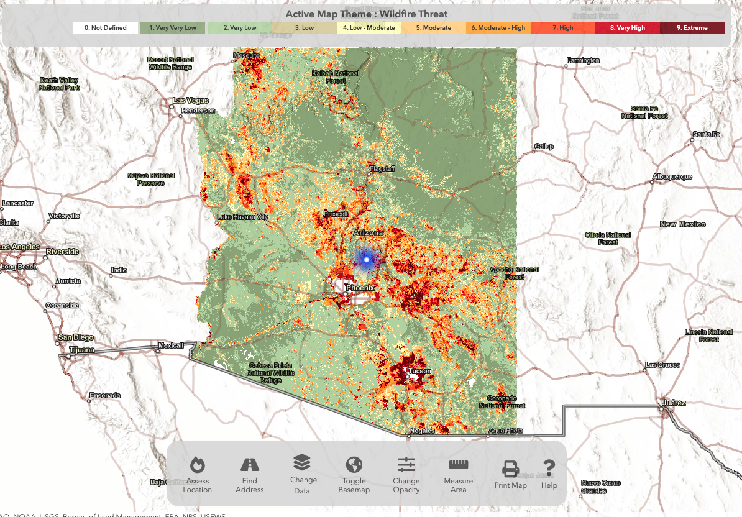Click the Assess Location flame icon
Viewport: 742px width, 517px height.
(x=197, y=465)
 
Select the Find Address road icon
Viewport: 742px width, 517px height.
(x=249, y=465)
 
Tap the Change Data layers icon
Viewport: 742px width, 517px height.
(x=302, y=462)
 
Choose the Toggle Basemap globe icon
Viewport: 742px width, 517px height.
(x=354, y=465)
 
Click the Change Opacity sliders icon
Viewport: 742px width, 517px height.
(x=406, y=464)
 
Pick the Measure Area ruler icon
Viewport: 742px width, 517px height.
(x=459, y=465)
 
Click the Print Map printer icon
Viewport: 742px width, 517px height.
(x=510, y=469)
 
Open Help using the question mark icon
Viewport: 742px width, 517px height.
(x=549, y=467)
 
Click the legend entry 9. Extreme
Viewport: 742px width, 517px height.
(x=692, y=28)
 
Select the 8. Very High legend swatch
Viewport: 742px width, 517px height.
(x=627, y=28)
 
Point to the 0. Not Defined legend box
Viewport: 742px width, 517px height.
(x=106, y=28)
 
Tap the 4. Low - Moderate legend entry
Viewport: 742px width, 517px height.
(x=369, y=28)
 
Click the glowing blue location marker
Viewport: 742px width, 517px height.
(x=366, y=259)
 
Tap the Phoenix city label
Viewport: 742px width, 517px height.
(x=360, y=288)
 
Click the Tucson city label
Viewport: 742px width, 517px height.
(x=420, y=371)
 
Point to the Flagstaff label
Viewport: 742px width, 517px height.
(x=382, y=168)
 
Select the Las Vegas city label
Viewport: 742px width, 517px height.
(x=190, y=101)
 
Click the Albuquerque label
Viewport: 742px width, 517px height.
(x=672, y=177)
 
